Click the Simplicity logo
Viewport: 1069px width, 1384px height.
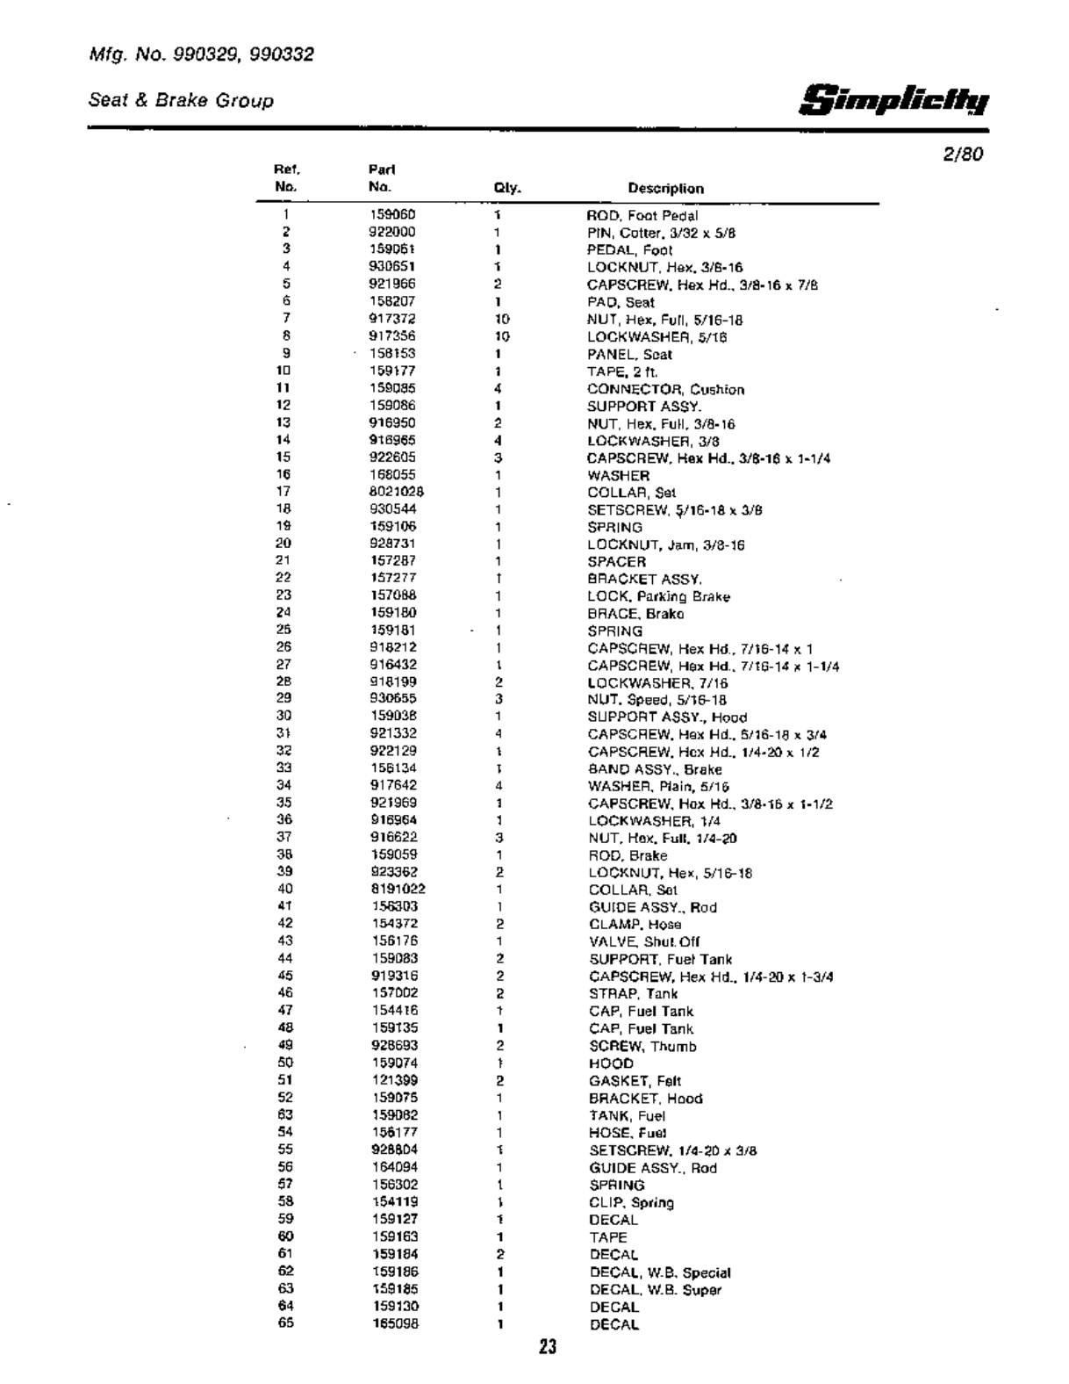[x=894, y=100]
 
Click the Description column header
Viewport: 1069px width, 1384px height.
[x=665, y=188]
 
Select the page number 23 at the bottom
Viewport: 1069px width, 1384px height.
[x=548, y=1346]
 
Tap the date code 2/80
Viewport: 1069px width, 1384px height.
[x=964, y=155]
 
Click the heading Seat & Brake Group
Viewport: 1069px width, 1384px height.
[x=181, y=100]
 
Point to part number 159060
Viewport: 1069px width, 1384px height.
[x=392, y=214]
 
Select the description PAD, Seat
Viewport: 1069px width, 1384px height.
[x=620, y=302]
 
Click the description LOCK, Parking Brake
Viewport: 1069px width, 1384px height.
[x=658, y=596]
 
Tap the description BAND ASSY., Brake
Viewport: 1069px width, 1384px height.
[x=655, y=769]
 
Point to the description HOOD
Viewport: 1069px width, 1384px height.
[x=611, y=1063]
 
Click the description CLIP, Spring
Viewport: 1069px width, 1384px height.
[x=631, y=1202]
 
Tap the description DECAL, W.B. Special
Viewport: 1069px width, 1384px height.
[x=659, y=1272]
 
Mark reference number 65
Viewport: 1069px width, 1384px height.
[x=285, y=1323]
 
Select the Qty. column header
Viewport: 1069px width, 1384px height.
[x=507, y=188]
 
